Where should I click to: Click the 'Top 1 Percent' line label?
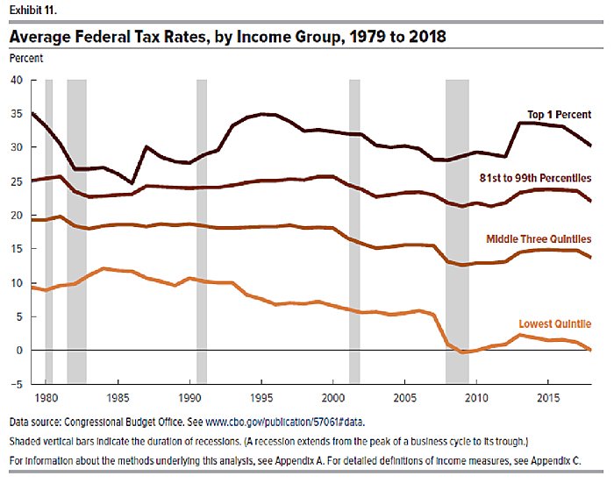click(x=559, y=115)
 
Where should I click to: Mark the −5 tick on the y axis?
click(x=16, y=384)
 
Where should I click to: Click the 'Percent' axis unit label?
click(x=25, y=59)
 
